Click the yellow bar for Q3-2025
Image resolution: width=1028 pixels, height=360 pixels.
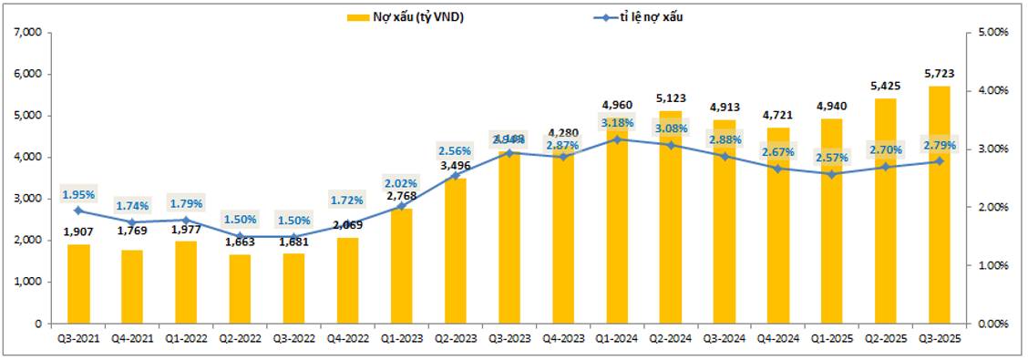(939, 205)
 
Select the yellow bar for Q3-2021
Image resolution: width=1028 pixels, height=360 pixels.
(78, 283)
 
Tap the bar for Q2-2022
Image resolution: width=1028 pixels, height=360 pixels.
(240, 289)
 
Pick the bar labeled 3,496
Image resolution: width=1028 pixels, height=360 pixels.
(455, 251)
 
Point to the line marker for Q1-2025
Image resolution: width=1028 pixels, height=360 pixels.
(831, 174)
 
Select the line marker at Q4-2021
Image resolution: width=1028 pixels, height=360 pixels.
(132, 222)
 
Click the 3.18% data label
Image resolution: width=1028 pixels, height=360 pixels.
(617, 122)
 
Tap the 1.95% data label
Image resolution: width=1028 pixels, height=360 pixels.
(78, 194)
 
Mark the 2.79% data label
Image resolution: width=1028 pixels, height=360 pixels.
(939, 145)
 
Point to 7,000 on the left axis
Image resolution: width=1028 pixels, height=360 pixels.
(30, 33)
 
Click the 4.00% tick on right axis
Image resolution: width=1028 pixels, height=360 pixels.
(992, 91)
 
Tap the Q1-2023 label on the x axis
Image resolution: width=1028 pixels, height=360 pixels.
(401, 337)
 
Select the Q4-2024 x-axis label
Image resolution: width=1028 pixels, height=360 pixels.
(777, 337)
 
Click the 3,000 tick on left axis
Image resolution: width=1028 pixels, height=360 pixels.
(30, 199)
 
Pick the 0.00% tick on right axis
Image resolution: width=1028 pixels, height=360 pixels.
(992, 324)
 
